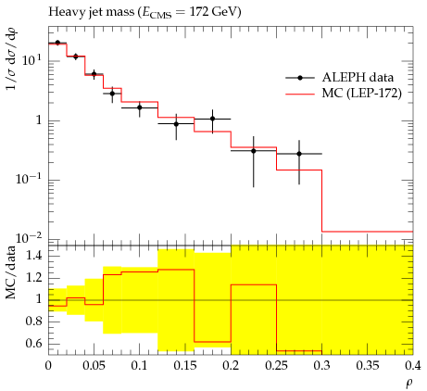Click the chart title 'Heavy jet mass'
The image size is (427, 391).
[x=92, y=12]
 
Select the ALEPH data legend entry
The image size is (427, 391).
[x=339, y=78]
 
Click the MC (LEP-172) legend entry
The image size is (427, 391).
[x=344, y=93]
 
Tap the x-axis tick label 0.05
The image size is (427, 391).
[x=94, y=366]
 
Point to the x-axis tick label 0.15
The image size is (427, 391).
[x=185, y=366]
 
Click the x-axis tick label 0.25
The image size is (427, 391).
[x=276, y=366]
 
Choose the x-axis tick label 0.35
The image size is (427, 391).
[x=368, y=366]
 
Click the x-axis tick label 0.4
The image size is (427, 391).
[x=413, y=366]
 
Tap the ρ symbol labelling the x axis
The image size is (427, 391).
[x=409, y=384]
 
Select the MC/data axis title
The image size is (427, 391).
[x=11, y=272]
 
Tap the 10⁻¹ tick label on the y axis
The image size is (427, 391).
[x=28, y=179]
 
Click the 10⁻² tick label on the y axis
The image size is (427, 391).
[x=28, y=238]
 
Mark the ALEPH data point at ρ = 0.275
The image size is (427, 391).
[x=299, y=154]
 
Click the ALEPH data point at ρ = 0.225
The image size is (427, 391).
[x=254, y=151]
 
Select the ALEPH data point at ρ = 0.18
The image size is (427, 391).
[x=212, y=119]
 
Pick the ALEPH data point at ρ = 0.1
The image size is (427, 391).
[x=140, y=107]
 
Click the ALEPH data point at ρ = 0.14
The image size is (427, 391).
[x=176, y=124]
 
